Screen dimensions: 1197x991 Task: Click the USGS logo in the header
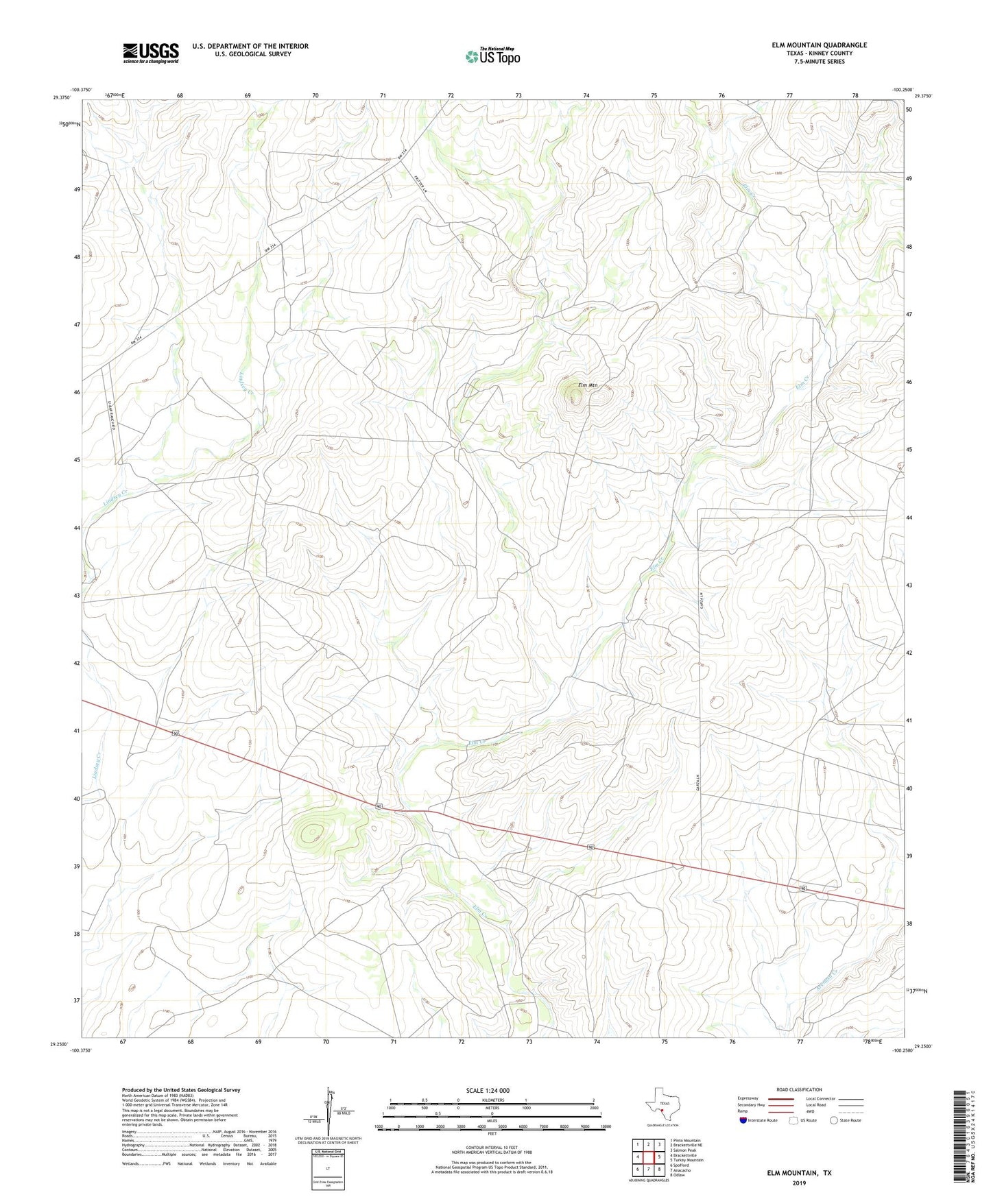[151, 52]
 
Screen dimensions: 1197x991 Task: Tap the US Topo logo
[492, 56]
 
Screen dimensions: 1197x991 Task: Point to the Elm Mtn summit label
[588, 386]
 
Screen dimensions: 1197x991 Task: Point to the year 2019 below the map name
[799, 1183]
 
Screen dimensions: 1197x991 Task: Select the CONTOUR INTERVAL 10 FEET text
[491, 1150]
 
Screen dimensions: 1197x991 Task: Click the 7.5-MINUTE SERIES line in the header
[819, 62]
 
